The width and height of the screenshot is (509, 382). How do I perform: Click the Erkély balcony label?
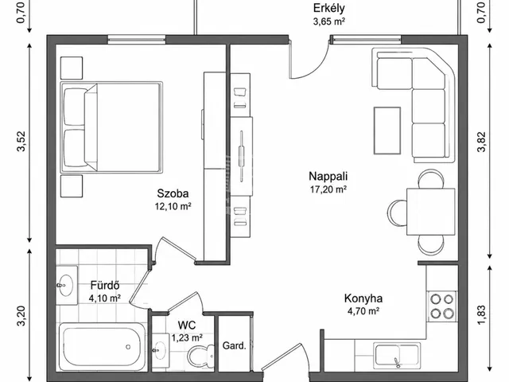pos(328,8)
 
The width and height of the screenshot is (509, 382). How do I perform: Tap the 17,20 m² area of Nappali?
pos(328,189)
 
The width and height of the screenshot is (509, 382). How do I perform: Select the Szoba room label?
pos(173,193)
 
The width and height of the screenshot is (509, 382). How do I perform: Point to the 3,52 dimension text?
pos(21,142)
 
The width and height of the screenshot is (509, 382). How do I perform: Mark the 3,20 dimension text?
pos(21,315)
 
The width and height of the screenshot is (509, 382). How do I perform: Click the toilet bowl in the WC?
pos(200,356)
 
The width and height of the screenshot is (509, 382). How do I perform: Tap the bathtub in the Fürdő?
pos(102,346)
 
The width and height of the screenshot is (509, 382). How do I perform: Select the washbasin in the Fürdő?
pos(67,285)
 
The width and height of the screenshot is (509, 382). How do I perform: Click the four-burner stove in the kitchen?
pos(442,306)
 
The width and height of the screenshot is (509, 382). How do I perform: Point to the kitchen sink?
pos(397,355)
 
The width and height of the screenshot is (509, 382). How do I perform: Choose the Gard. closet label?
pos(234,345)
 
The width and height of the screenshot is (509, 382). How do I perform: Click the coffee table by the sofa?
pos(387,131)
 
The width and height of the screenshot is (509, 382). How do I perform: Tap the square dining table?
pos(431,212)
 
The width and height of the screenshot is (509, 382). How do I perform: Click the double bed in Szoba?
pos(111,127)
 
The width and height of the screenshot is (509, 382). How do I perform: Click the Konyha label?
pos(363,298)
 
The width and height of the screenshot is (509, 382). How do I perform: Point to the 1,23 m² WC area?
pos(187,337)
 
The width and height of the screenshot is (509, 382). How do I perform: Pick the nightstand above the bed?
pos(72,68)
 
